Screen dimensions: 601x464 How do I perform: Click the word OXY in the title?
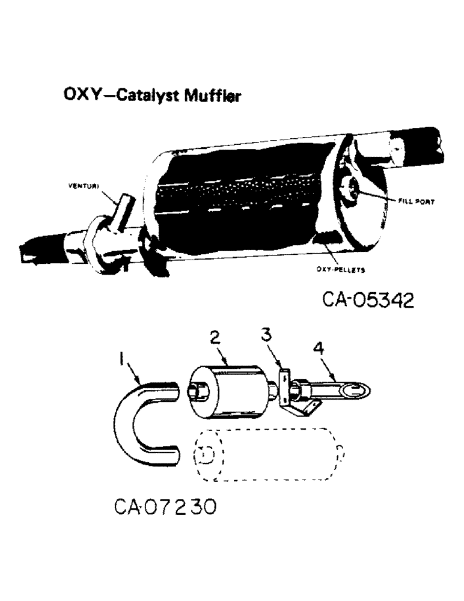click(79, 95)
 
